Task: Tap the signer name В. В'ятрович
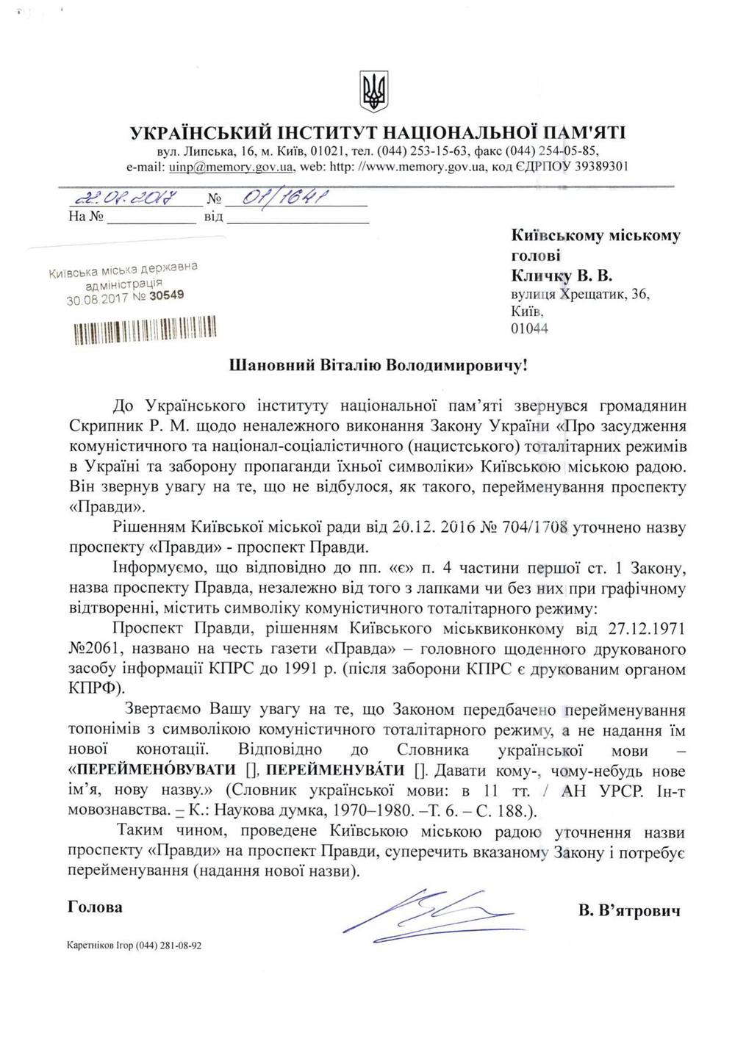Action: click(x=628, y=911)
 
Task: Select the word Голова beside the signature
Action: click(x=95, y=907)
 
